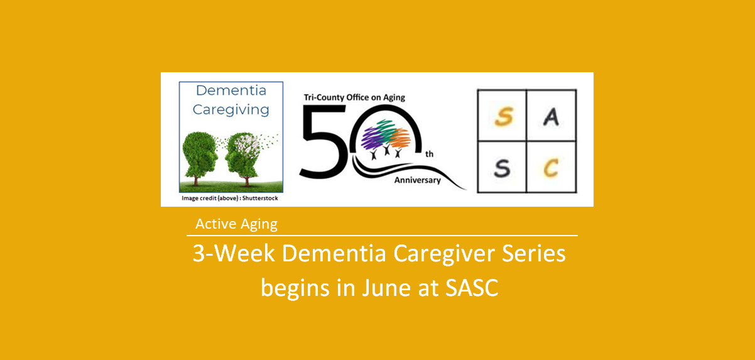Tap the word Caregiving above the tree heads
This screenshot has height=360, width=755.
pyautogui.click(x=231, y=110)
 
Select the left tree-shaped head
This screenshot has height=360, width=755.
pyautogui.click(x=202, y=153)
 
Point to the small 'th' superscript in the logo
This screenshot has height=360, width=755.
pyautogui.click(x=429, y=153)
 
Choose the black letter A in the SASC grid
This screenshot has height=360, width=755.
pyautogui.click(x=551, y=117)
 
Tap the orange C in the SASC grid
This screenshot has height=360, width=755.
pyautogui.click(x=551, y=167)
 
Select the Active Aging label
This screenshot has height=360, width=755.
pyautogui.click(x=236, y=224)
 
